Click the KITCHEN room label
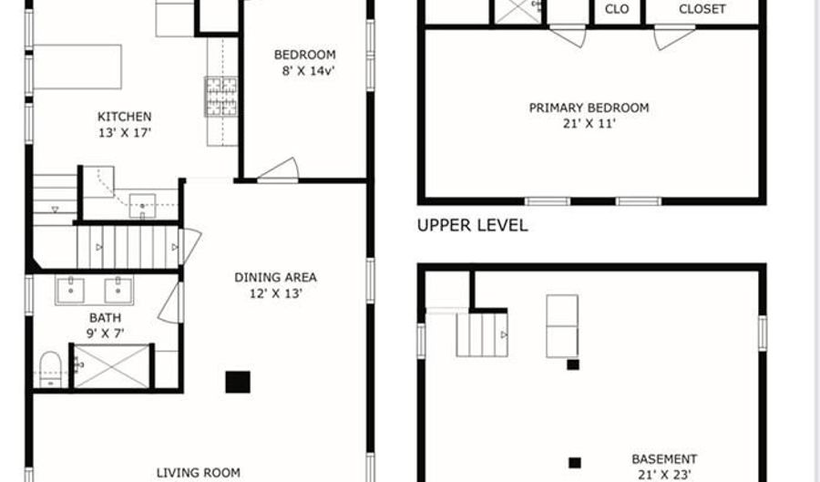click(124, 117)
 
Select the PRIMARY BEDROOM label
click(589, 108)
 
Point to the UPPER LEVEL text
click(472, 226)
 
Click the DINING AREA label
click(275, 277)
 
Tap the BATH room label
click(105, 318)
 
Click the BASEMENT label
click(664, 459)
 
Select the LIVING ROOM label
click(198, 472)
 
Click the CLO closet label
click(617, 9)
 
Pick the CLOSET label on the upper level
click(702, 9)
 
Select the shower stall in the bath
click(111, 366)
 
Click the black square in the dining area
click(238, 382)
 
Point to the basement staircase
click(481, 334)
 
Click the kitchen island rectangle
click(77, 67)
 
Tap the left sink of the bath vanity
click(70, 291)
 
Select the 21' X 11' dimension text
click(589, 123)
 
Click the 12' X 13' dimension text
click(275, 293)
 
